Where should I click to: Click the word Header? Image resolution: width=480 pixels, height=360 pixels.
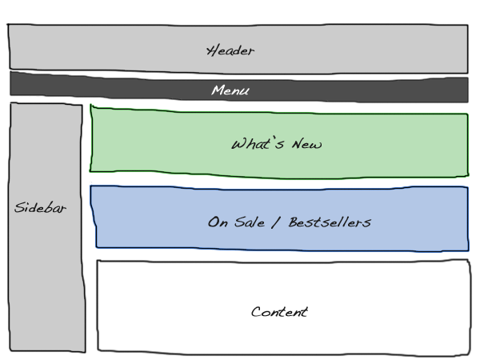click(x=230, y=50)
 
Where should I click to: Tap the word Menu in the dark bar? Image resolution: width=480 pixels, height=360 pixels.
click(x=230, y=90)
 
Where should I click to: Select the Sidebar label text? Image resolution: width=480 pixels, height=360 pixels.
click(x=41, y=208)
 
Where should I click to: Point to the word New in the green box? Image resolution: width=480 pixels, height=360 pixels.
click(x=306, y=145)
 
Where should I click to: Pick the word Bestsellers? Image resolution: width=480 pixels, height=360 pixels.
click(x=330, y=222)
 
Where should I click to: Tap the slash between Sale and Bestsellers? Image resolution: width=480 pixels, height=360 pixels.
click(x=277, y=222)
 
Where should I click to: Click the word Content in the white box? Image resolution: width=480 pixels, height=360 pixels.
click(x=279, y=312)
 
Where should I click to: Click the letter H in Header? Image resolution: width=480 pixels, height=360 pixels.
click(x=212, y=50)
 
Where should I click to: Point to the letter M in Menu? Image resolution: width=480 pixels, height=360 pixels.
click(x=217, y=90)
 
